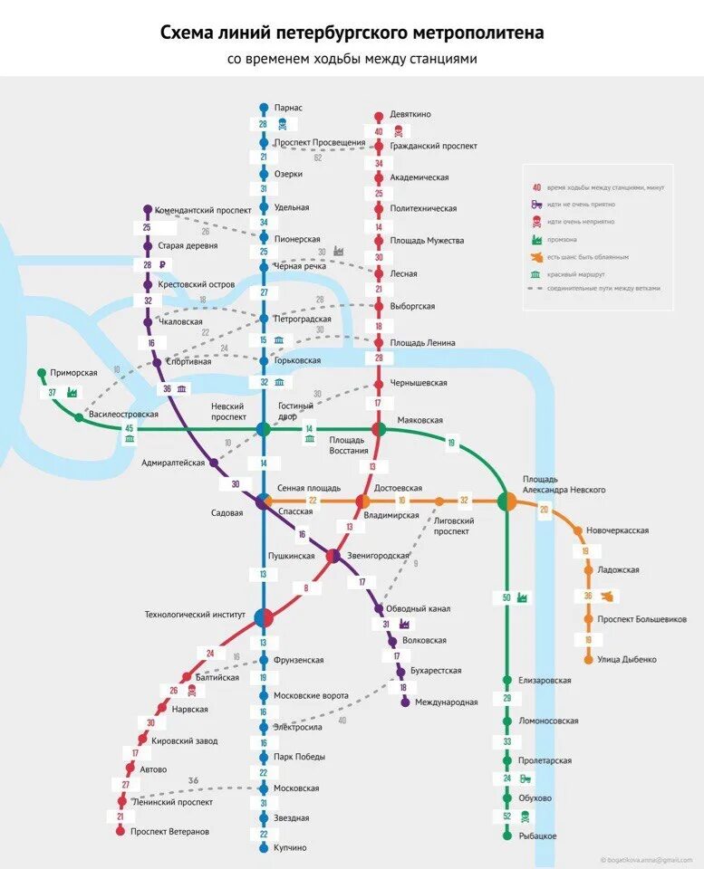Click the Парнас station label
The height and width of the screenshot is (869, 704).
pyautogui.click(x=290, y=108)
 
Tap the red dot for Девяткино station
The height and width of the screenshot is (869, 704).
pyautogui.click(x=380, y=116)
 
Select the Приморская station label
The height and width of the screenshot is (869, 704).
pyautogui.click(x=74, y=372)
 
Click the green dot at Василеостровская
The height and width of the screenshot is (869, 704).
pyautogui.click(x=80, y=417)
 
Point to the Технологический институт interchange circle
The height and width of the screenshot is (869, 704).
pyautogui.click(x=264, y=617)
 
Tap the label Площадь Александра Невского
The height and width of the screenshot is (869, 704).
pyautogui.click(x=564, y=484)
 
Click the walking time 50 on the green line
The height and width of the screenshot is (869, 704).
pyautogui.click(x=506, y=597)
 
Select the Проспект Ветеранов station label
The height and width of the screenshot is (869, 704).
pyautogui.click(x=169, y=831)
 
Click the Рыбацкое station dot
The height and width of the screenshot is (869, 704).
pyautogui.click(x=507, y=836)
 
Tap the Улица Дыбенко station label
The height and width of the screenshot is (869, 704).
pyautogui.click(x=627, y=660)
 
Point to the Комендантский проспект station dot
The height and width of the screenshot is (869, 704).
pyautogui.click(x=148, y=209)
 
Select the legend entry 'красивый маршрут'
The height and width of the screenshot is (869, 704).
pyautogui.click(x=575, y=273)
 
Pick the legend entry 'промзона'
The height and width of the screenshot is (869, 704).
pyautogui.click(x=563, y=240)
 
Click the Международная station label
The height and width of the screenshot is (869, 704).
pyautogui.click(x=446, y=702)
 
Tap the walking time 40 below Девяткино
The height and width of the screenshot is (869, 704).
pyautogui.click(x=379, y=132)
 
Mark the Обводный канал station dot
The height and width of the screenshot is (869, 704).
pyautogui.click(x=380, y=608)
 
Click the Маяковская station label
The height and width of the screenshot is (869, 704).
pyautogui.click(x=420, y=421)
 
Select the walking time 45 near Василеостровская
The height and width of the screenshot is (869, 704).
pyautogui.click(x=130, y=428)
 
